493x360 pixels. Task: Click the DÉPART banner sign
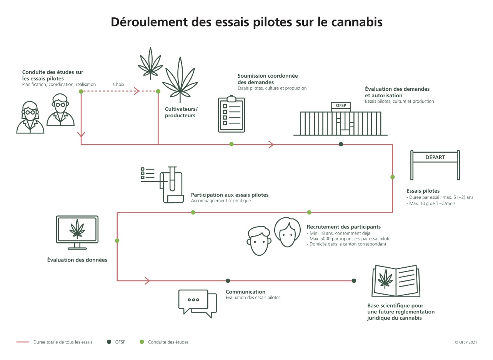click(x=435, y=157)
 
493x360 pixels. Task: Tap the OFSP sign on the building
click(x=341, y=105)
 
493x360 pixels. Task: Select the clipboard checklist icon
click(x=231, y=114)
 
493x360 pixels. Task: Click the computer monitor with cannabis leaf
click(x=77, y=230)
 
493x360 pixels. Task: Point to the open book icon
click(x=395, y=280)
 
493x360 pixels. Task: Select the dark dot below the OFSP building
click(x=341, y=144)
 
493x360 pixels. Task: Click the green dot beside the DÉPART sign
click(x=392, y=177)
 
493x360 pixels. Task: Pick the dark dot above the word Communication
click(x=228, y=281)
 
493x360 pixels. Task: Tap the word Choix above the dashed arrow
click(x=118, y=84)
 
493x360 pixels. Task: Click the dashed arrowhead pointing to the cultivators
click(x=136, y=91)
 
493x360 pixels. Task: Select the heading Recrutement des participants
click(x=343, y=227)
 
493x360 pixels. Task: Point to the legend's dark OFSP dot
click(x=109, y=342)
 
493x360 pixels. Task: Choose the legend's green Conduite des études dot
click(x=142, y=342)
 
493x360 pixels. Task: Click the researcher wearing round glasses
click(x=60, y=110)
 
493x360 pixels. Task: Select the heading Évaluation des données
click(x=77, y=260)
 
